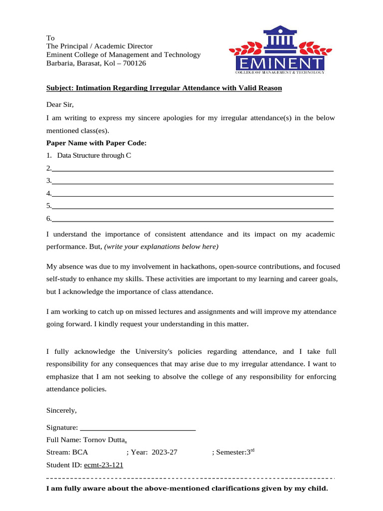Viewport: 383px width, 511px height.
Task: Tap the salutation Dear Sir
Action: (x=60, y=105)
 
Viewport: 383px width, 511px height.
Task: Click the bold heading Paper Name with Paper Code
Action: (x=96, y=143)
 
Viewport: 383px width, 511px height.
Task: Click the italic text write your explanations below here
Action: (x=161, y=247)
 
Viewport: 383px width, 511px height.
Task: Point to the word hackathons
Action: (x=190, y=266)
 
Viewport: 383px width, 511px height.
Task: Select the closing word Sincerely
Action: (x=61, y=410)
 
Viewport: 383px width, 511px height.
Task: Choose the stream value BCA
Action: (x=80, y=453)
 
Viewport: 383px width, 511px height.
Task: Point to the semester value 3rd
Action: (x=251, y=452)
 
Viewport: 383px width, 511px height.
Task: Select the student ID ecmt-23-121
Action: (x=104, y=465)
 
